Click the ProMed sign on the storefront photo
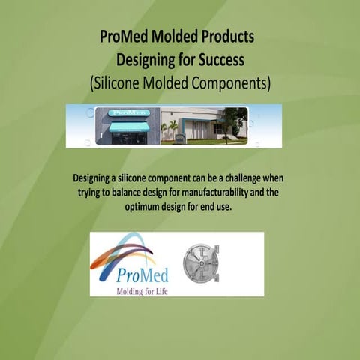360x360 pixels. [x=128, y=112]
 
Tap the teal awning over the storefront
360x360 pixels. [x=128, y=127]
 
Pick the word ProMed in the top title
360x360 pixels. [x=124, y=36]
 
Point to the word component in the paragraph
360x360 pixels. [x=165, y=179]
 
